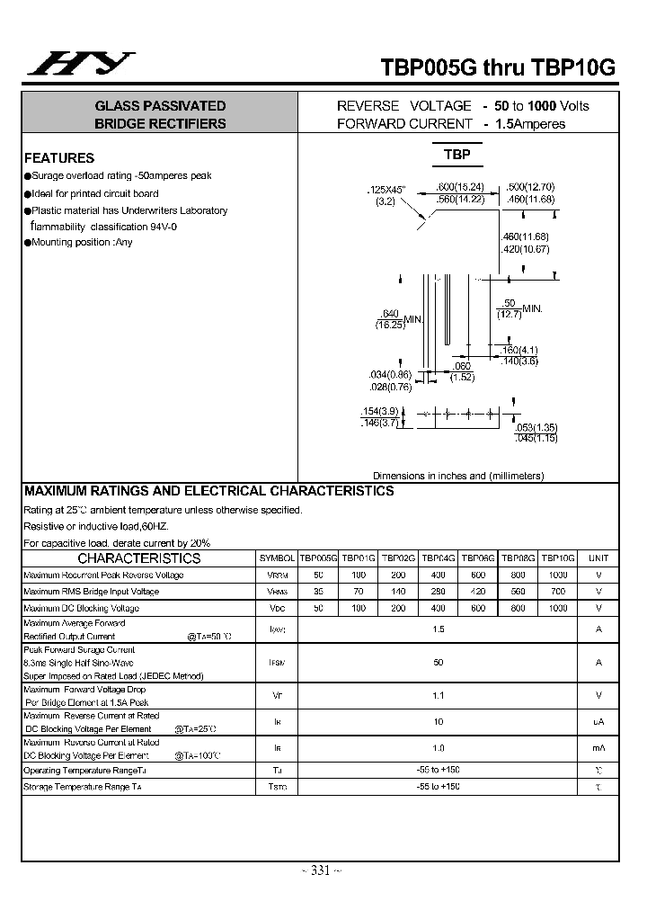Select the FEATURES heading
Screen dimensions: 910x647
click(59, 157)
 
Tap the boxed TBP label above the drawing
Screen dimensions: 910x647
click(456, 155)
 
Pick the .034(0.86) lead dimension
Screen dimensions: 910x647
click(390, 374)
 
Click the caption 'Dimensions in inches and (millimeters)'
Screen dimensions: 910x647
click(458, 476)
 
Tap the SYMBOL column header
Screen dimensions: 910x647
click(277, 558)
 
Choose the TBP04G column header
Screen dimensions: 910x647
click(439, 558)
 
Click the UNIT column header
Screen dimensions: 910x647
click(598, 558)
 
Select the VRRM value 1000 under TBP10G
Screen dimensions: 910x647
click(558, 575)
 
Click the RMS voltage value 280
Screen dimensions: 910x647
click(439, 592)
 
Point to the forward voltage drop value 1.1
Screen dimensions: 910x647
click(438, 695)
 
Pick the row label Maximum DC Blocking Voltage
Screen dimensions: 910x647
click(81, 609)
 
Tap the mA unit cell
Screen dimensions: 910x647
click(598, 748)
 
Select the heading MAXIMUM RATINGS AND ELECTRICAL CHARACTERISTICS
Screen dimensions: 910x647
click(208, 492)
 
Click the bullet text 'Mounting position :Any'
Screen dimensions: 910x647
click(82, 243)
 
